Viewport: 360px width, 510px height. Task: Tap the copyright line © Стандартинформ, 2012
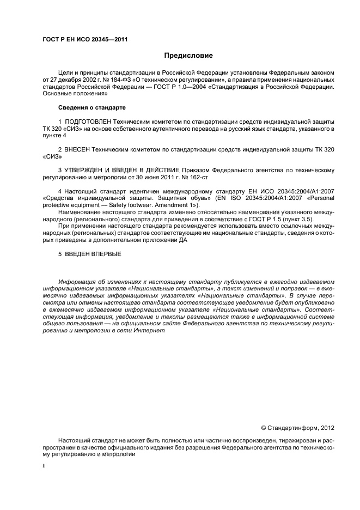point(298,428)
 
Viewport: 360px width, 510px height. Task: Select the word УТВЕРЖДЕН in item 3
point(88,170)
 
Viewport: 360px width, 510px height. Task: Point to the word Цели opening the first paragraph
point(65,72)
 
